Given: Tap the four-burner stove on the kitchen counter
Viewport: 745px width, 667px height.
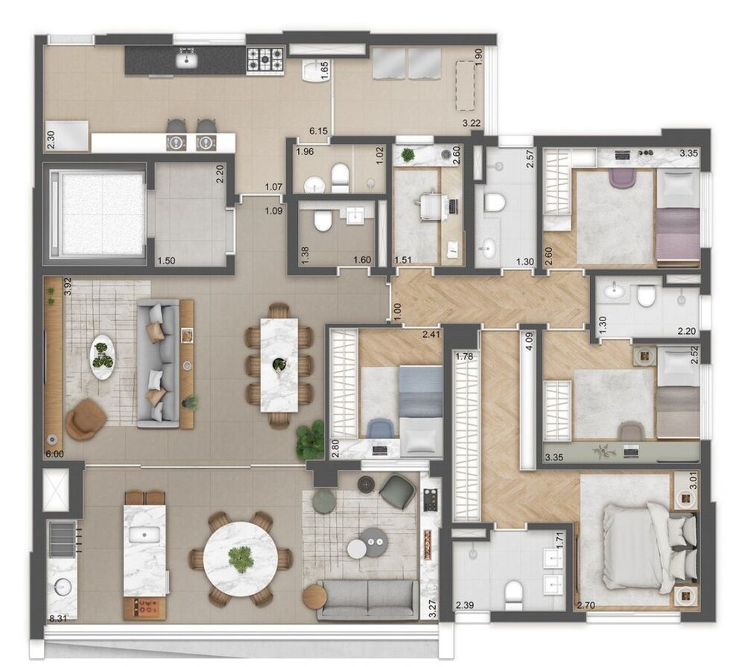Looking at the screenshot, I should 264,60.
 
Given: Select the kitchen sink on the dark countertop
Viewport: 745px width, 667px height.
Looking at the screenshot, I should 186,60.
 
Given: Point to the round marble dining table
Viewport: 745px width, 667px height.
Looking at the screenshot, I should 240,557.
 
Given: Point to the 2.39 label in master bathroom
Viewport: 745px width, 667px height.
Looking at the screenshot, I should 465,604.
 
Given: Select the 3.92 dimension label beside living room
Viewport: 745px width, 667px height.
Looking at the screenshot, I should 46,287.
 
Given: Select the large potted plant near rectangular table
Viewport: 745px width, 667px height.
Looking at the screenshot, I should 310,442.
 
